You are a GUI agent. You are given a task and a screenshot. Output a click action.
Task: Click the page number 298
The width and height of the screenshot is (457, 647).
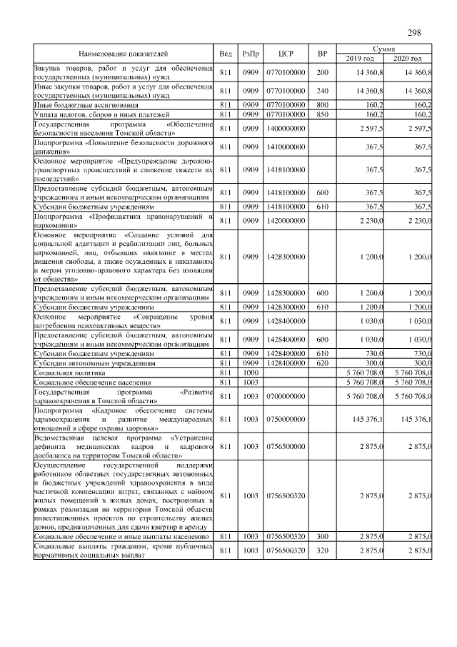[x=414, y=33]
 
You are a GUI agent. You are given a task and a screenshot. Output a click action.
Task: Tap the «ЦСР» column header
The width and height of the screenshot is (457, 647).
[x=286, y=54]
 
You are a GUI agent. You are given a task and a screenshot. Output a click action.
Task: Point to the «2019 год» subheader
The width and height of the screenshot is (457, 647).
[x=361, y=59]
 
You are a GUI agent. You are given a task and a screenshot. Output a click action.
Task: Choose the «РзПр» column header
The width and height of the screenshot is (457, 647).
[x=250, y=54]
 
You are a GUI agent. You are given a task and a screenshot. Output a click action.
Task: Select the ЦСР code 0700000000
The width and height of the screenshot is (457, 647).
[x=286, y=395]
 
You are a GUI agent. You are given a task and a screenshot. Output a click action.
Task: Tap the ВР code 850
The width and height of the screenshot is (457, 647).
[x=322, y=114]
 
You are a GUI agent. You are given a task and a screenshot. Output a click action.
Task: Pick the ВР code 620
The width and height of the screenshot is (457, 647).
[x=322, y=362]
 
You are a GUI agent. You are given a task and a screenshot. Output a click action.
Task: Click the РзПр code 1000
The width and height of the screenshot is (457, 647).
[x=250, y=372]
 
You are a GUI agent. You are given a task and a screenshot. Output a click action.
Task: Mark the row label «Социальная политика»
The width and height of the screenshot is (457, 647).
[x=69, y=372]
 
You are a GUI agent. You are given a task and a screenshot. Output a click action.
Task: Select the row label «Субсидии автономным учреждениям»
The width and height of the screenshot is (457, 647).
[x=95, y=362]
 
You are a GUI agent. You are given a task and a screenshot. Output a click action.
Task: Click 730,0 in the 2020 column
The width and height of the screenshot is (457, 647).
[x=421, y=353]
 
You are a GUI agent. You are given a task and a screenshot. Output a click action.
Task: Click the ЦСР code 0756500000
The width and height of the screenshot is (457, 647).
[x=286, y=446]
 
